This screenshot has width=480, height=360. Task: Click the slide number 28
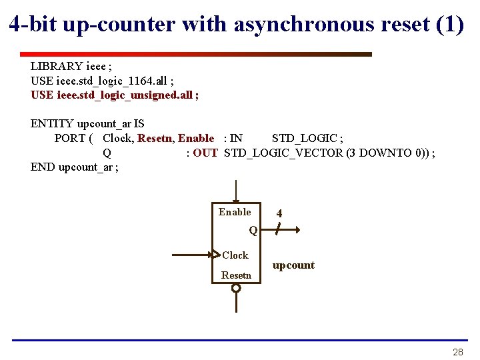click(x=457, y=352)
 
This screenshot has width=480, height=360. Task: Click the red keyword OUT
click(x=205, y=153)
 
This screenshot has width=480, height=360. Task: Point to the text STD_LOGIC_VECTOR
click(x=284, y=153)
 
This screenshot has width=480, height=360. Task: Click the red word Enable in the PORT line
click(x=196, y=139)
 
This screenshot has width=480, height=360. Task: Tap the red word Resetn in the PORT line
click(x=155, y=139)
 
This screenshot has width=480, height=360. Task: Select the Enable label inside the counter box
click(x=235, y=212)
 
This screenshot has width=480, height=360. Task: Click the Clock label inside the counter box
click(x=235, y=255)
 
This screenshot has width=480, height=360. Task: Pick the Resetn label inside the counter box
click(x=237, y=275)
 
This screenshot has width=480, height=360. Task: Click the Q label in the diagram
click(x=253, y=231)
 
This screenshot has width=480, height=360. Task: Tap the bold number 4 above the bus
click(x=279, y=214)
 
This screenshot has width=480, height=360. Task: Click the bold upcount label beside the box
click(x=293, y=265)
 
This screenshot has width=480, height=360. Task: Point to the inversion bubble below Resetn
click(x=235, y=288)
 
